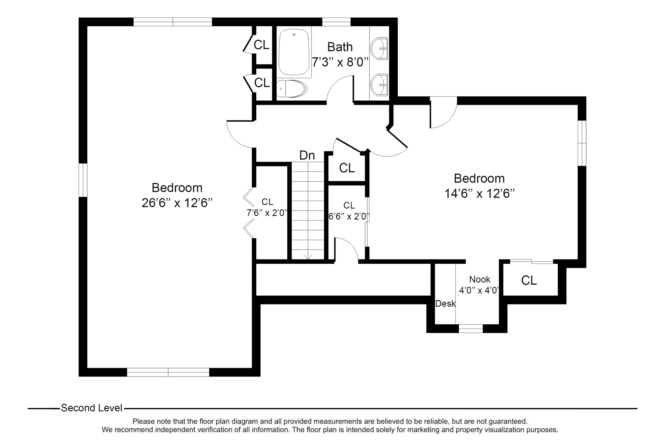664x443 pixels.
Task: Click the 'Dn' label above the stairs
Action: (x=307, y=155)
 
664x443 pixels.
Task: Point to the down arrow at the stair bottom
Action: (x=308, y=256)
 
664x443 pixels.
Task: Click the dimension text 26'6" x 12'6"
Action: (x=177, y=203)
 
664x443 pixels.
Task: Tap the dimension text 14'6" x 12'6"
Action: (x=479, y=194)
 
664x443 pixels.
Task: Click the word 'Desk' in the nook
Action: (x=445, y=304)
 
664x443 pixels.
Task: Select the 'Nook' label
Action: (x=480, y=279)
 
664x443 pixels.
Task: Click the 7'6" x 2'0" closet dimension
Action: (x=267, y=213)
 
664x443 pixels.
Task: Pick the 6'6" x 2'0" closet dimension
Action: (x=349, y=216)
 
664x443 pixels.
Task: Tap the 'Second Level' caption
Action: (x=91, y=408)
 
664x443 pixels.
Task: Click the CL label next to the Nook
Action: (x=529, y=281)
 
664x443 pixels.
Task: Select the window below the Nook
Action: (x=471, y=328)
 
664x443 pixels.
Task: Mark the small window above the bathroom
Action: (x=336, y=22)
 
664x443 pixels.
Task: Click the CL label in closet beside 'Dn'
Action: (x=347, y=168)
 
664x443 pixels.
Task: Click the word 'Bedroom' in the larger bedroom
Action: (x=177, y=188)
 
